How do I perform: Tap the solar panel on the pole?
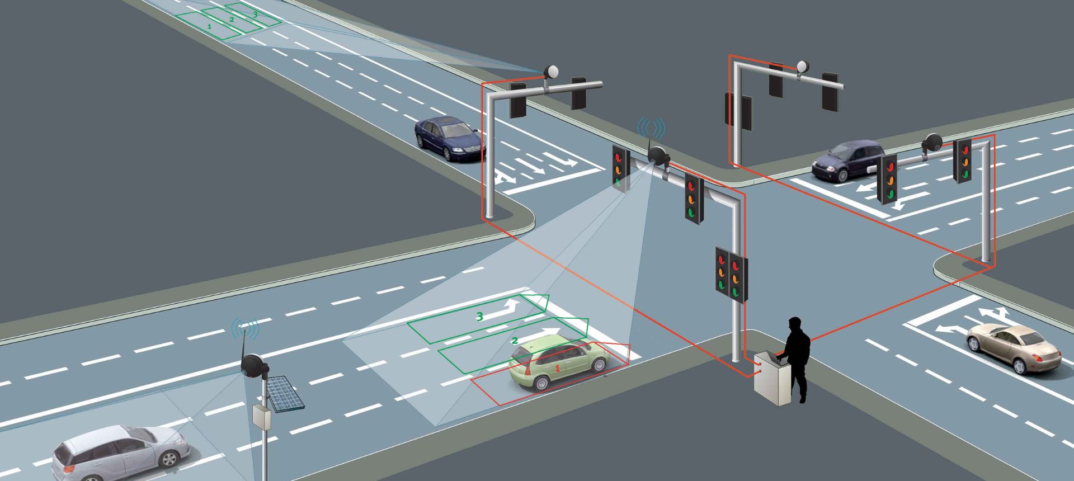(284, 393)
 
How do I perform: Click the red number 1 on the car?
(557, 369)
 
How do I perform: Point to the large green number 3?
(479, 317)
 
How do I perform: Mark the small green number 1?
(209, 26)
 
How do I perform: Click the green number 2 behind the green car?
(515, 341)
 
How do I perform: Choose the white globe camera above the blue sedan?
(551, 72)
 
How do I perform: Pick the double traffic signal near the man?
(731, 275)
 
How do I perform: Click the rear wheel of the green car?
(541, 383)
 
